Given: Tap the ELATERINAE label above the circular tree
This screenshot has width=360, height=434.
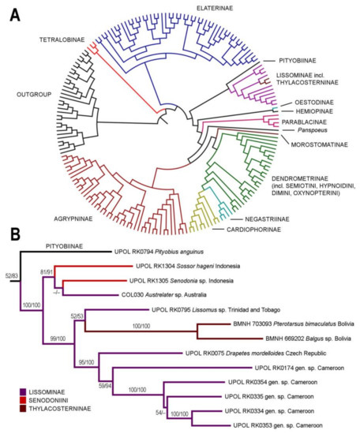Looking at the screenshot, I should (192, 9).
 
